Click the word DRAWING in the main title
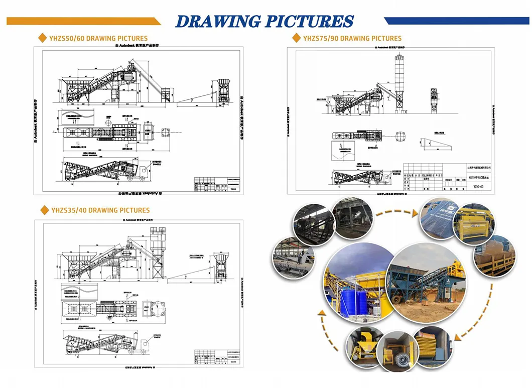217,21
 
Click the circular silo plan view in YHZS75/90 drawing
401,137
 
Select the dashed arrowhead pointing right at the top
415,213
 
